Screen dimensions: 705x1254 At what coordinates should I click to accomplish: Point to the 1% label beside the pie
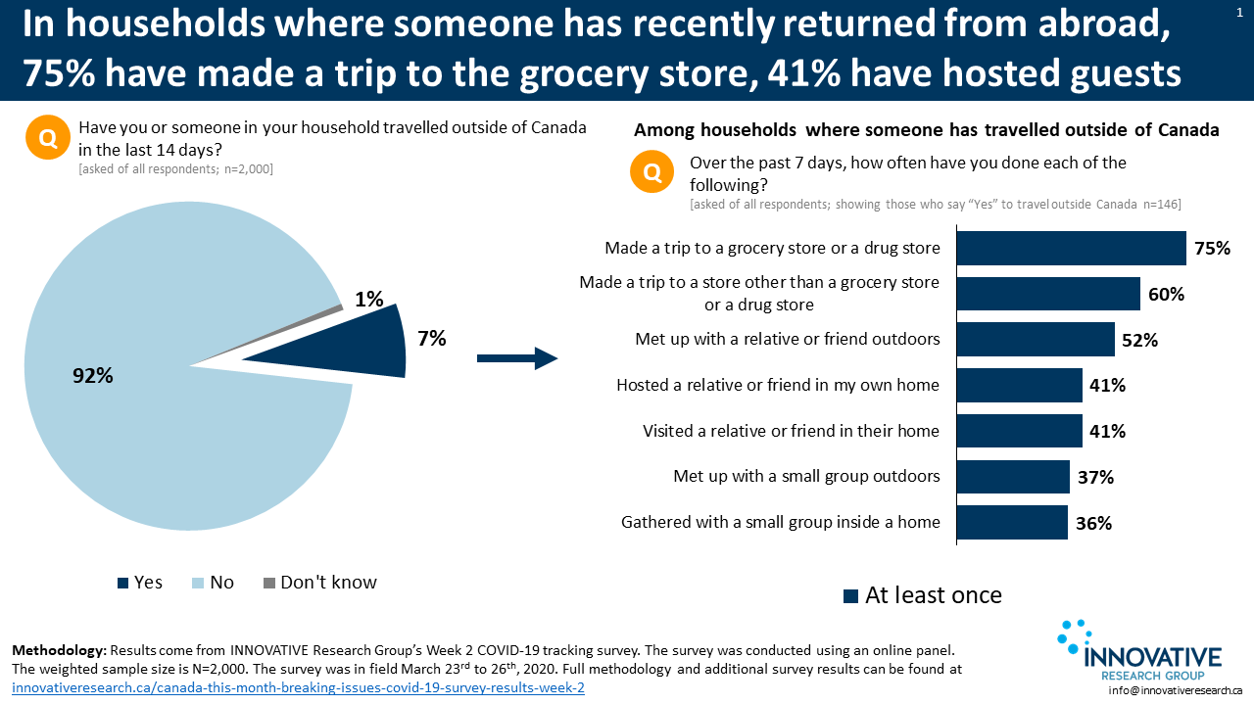[369, 300]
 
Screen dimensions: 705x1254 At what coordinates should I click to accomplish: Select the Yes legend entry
[140, 583]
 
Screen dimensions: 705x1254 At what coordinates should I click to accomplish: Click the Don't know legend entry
[319, 583]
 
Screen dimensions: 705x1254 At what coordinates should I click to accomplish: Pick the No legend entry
[213, 583]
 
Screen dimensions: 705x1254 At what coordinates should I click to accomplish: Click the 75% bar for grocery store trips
[1071, 249]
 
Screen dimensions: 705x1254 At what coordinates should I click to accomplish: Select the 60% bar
[1048, 294]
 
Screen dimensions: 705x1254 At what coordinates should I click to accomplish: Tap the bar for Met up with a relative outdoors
[1036, 340]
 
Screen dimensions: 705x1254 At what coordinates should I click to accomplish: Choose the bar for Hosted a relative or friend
[1019, 386]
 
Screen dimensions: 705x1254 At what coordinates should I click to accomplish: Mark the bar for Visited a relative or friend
[1019, 431]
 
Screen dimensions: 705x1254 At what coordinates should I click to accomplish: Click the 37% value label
[1095, 477]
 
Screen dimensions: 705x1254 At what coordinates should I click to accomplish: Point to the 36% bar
[1012, 523]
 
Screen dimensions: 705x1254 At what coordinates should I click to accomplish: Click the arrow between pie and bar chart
[516, 359]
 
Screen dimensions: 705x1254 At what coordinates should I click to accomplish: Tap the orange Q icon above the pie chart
[48, 138]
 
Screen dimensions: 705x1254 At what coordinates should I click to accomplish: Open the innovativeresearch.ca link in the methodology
[298, 687]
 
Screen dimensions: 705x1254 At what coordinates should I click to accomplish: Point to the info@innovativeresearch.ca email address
[1175, 690]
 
